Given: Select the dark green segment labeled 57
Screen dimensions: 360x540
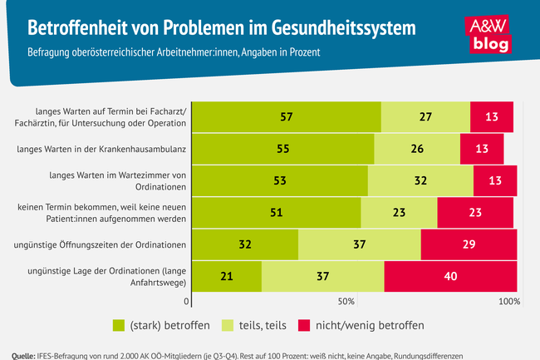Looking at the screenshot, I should pyautogui.click(x=286, y=117).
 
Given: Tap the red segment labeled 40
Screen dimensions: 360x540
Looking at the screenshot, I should pyautogui.click(x=450, y=276).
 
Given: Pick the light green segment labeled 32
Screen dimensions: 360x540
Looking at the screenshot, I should pyautogui.click(x=420, y=181).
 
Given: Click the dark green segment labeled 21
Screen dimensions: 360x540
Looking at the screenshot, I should pyautogui.click(x=226, y=276).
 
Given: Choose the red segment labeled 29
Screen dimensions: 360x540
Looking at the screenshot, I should pyautogui.click(x=469, y=244).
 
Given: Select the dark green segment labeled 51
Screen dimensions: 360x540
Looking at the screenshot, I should pyautogui.click(x=276, y=213).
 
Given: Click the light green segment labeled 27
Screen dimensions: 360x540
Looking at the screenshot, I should pyautogui.click(x=425, y=117).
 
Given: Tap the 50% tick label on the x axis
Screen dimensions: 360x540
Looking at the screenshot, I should pyautogui.click(x=347, y=301).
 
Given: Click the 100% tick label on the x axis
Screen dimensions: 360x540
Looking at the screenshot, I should pyautogui.click(x=509, y=301).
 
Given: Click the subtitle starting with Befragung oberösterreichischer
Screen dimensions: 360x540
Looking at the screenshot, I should pyautogui.click(x=174, y=52).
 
